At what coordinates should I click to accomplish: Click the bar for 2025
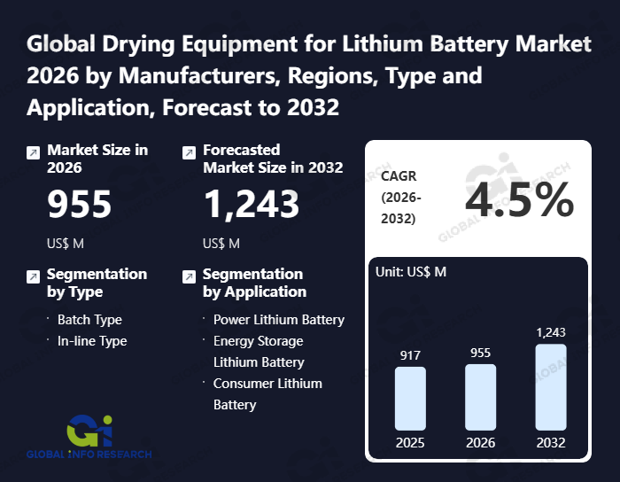pyautogui.click(x=410, y=398)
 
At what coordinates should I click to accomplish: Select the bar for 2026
pyautogui.click(x=480, y=397)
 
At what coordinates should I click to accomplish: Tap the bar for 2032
pyautogui.click(x=550, y=387)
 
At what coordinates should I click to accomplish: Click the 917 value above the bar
pyautogui.click(x=410, y=354)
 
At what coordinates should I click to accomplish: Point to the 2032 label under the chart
pyautogui.click(x=550, y=442)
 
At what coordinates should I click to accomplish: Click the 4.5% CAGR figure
pyautogui.click(x=520, y=202)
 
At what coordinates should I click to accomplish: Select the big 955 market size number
pyautogui.click(x=79, y=205)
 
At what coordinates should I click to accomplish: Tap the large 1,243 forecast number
pyautogui.click(x=251, y=205)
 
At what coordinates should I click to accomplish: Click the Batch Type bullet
pyautogui.click(x=89, y=320)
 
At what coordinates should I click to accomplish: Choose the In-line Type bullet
pyautogui.click(x=92, y=341)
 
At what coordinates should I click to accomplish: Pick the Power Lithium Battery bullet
pyautogui.click(x=278, y=320)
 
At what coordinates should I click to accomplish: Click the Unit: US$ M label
pyautogui.click(x=412, y=272)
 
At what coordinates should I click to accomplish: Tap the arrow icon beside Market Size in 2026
pyautogui.click(x=33, y=152)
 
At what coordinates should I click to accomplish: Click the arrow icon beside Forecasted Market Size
pyautogui.click(x=189, y=152)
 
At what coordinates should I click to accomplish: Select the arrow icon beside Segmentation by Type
pyautogui.click(x=33, y=276)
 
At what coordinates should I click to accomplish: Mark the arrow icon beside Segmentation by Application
pyautogui.click(x=189, y=276)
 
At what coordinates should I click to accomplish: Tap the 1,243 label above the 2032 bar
pyautogui.click(x=550, y=332)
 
